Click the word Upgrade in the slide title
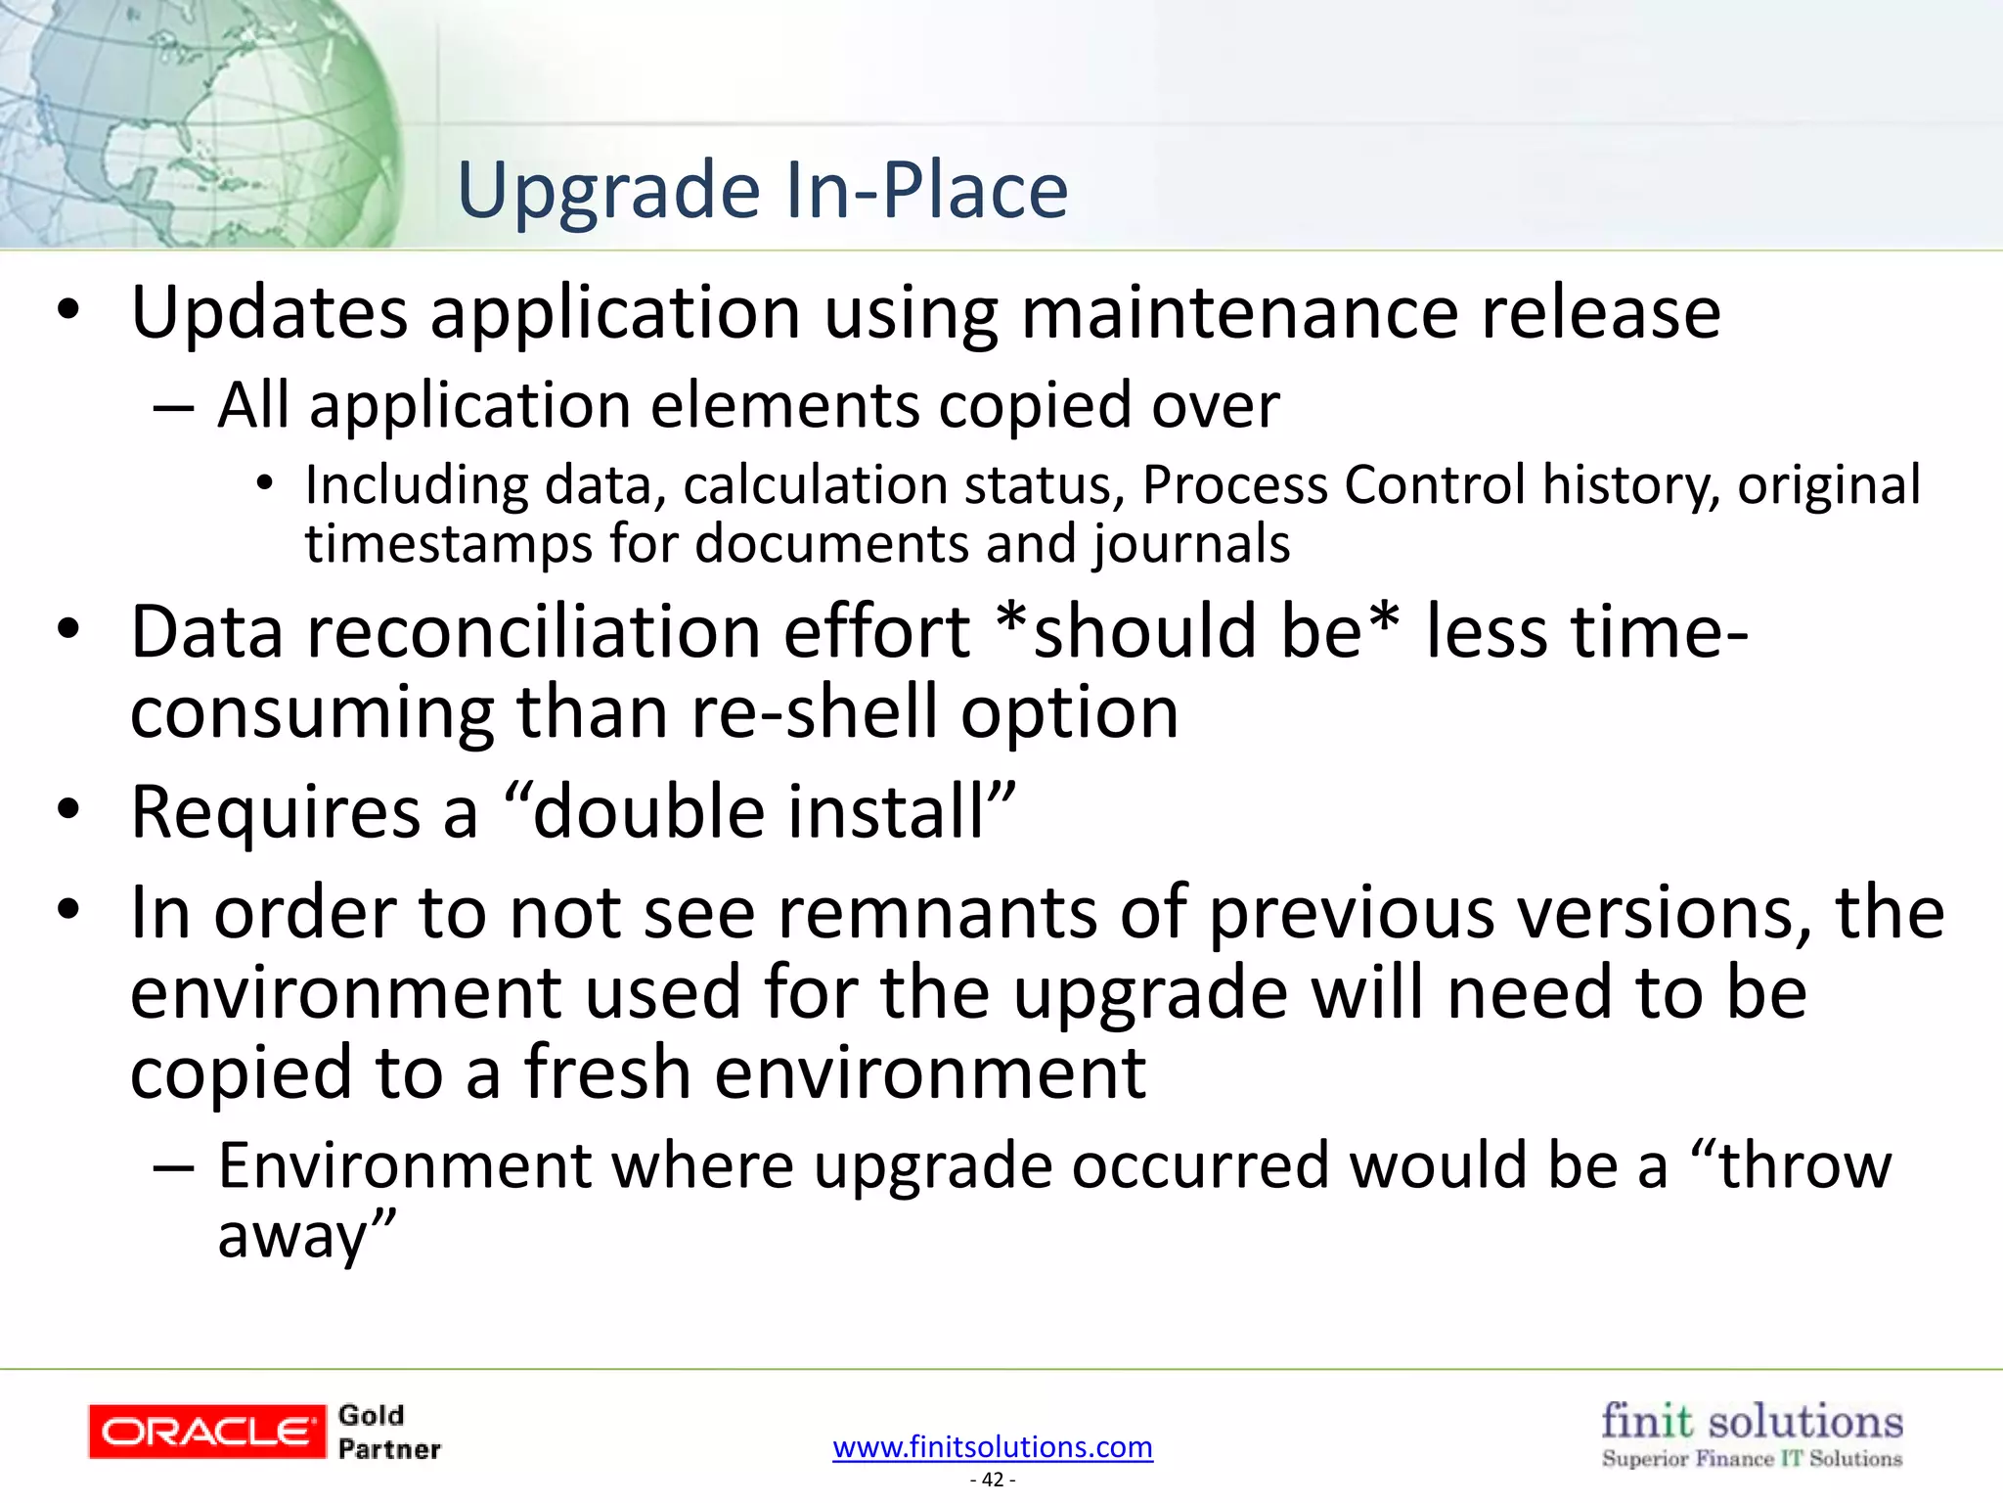(x=608, y=192)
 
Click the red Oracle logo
(x=206, y=1432)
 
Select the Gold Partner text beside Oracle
(x=388, y=1432)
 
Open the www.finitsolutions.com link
(x=993, y=1446)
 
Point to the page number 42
(x=993, y=1480)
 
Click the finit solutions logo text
(x=1752, y=1421)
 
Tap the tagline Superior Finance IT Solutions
(x=1752, y=1459)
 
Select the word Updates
(x=269, y=315)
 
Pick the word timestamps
(x=448, y=544)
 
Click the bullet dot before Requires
(x=67, y=810)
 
